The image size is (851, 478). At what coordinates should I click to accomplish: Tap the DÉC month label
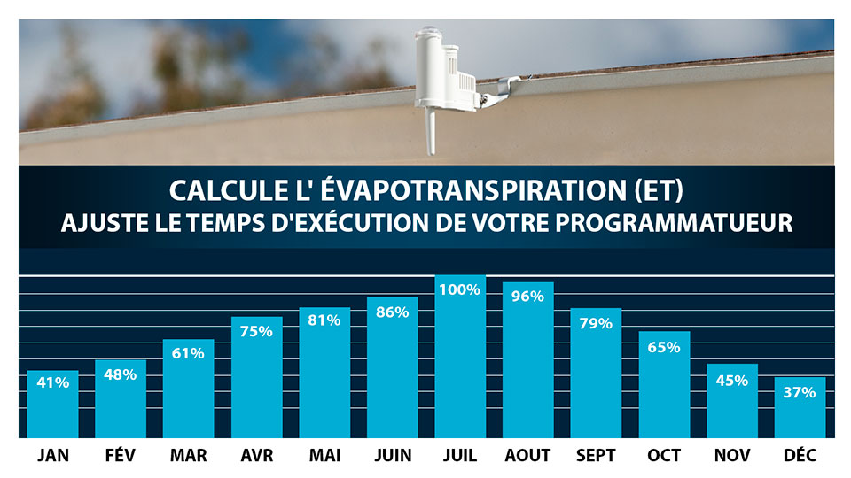pos(800,456)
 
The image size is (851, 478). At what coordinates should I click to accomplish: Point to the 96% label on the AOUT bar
pos(527,297)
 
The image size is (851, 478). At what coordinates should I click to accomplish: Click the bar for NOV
pos(731,403)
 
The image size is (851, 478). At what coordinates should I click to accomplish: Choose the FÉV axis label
pos(121,456)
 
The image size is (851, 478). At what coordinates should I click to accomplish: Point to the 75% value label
pos(256,331)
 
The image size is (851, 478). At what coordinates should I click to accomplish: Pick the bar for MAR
pos(188,389)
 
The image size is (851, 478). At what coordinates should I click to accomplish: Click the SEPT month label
pos(596,456)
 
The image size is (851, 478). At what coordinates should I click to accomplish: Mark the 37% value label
pos(800,392)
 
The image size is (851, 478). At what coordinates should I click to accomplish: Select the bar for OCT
pos(664,385)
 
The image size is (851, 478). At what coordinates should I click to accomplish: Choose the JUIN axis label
pos(392,456)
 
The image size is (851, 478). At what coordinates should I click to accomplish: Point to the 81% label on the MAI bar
pos(324,320)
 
